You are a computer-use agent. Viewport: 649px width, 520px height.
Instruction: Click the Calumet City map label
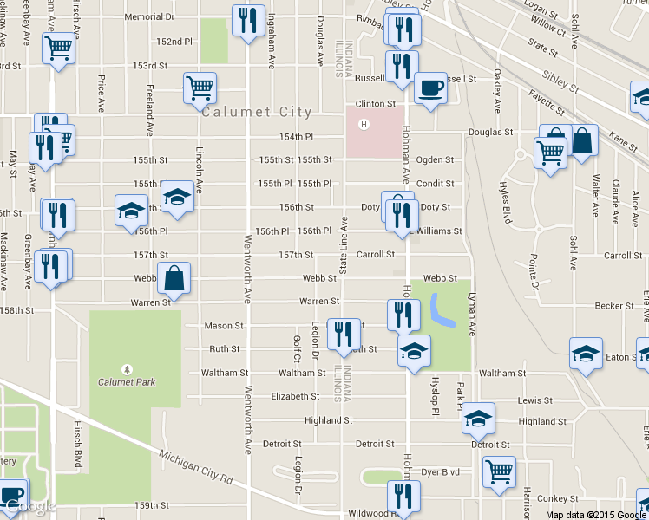(x=256, y=112)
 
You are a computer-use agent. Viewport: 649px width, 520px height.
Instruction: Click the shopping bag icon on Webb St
(x=174, y=277)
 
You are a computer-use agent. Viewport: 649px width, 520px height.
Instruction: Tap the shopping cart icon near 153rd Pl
(x=200, y=87)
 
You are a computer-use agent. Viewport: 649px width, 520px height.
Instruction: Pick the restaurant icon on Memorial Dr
(x=249, y=20)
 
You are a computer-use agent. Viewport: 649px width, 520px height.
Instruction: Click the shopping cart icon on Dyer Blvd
(x=499, y=471)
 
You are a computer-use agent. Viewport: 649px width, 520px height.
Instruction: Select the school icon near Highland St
(x=477, y=418)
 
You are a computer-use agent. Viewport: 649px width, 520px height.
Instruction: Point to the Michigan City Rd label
(x=197, y=466)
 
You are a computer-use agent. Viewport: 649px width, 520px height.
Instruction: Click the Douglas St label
(x=491, y=133)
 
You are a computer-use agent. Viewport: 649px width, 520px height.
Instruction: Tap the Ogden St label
(x=436, y=160)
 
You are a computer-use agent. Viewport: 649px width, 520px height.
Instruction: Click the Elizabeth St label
(x=296, y=396)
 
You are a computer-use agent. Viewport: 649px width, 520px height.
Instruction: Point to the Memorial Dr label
(x=149, y=16)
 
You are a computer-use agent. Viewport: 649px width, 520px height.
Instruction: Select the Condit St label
(x=436, y=184)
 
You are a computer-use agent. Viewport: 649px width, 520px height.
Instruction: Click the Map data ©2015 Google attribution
(x=596, y=514)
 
